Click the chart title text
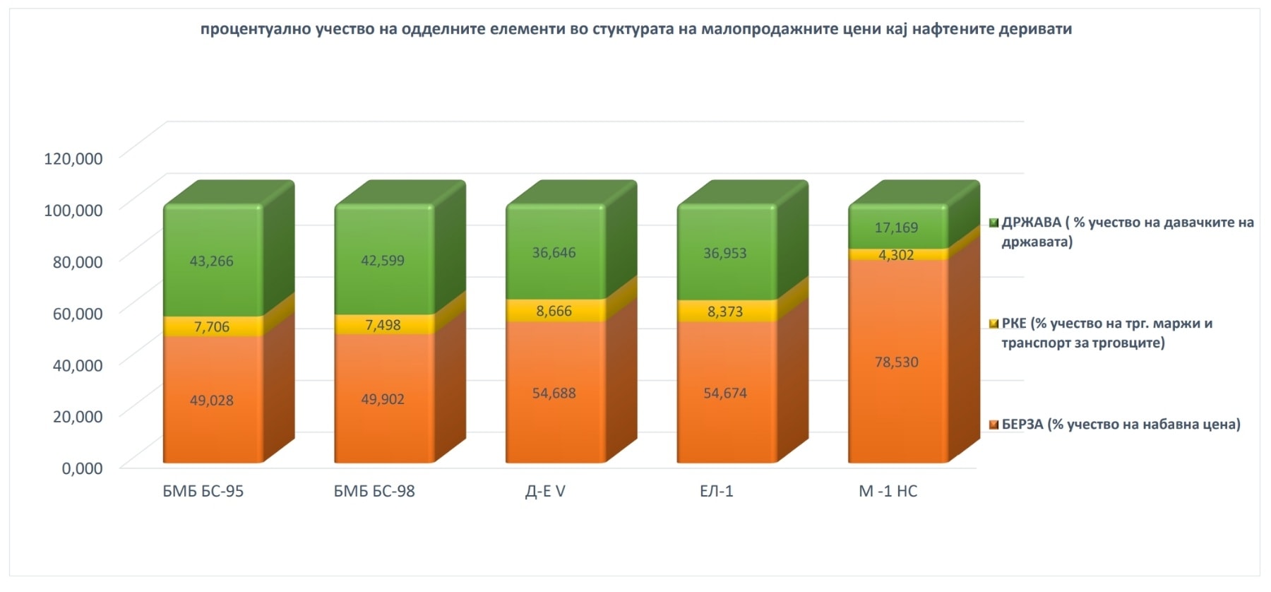(x=635, y=29)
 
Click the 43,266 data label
(x=211, y=261)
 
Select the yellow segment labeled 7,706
(x=211, y=326)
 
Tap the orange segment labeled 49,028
(x=211, y=400)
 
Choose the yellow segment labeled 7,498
(x=383, y=325)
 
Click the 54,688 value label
(x=554, y=393)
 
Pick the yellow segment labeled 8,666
(x=554, y=311)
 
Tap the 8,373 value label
(x=725, y=312)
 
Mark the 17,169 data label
(x=897, y=227)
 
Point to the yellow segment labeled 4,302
(x=897, y=255)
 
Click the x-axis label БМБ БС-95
(x=203, y=491)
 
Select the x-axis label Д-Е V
(x=545, y=491)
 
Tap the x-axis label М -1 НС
(x=888, y=491)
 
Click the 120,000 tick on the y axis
(x=73, y=158)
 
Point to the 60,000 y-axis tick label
(x=78, y=313)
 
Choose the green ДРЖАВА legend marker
(x=994, y=223)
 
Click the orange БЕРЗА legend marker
(x=994, y=425)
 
